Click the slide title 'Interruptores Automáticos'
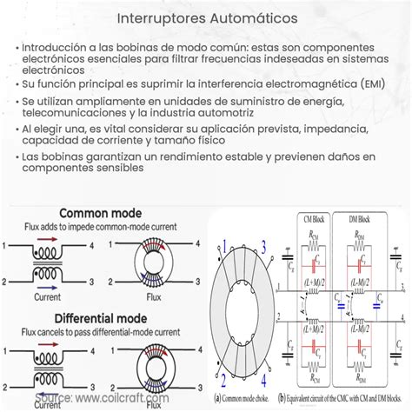click(206, 17)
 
